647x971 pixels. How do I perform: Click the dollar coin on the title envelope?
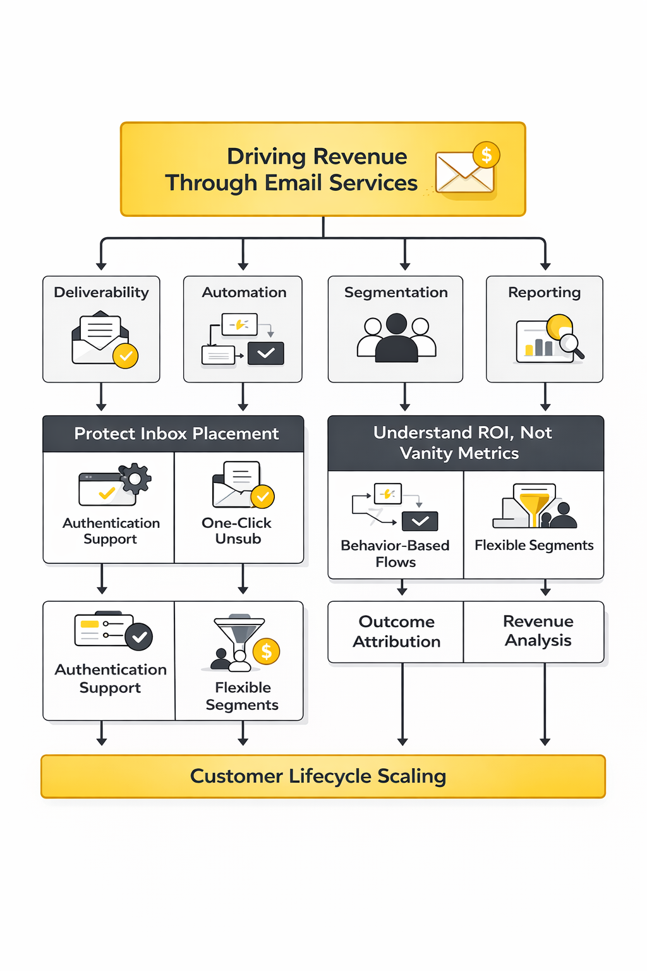486,155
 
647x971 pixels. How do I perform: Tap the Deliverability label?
101,292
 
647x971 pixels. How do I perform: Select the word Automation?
244,292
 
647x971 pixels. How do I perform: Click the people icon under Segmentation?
396,338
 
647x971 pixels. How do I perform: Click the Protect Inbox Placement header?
176,434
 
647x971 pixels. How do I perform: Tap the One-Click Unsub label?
237,531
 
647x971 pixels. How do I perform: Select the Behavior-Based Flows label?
395,554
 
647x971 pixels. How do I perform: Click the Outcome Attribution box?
396,632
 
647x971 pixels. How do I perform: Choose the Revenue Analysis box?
538,631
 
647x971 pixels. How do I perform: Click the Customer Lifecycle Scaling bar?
323,776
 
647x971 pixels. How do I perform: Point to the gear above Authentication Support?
135,479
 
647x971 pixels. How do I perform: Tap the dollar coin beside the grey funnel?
266,651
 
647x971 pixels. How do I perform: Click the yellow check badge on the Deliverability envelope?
126,356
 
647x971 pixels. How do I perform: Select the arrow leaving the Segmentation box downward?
405,397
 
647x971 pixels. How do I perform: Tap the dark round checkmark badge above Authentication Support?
139,637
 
